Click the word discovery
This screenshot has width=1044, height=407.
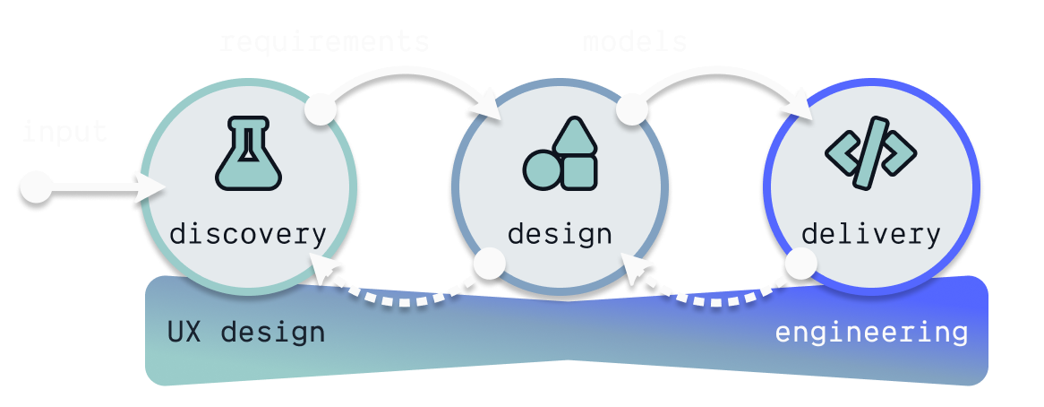click(248, 235)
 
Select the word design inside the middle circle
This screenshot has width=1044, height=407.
click(560, 235)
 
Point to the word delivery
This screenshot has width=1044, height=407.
click(870, 235)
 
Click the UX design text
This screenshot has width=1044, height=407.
click(246, 333)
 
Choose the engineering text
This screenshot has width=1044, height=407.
click(871, 333)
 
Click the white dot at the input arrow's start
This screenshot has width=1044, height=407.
click(36, 189)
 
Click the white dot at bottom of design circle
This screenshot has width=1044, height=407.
click(490, 264)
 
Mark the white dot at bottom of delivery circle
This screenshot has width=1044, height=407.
click(800, 264)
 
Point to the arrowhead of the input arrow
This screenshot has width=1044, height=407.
click(153, 189)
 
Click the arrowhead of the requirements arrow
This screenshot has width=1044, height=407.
click(489, 107)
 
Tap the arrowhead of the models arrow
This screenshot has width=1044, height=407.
click(799, 107)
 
